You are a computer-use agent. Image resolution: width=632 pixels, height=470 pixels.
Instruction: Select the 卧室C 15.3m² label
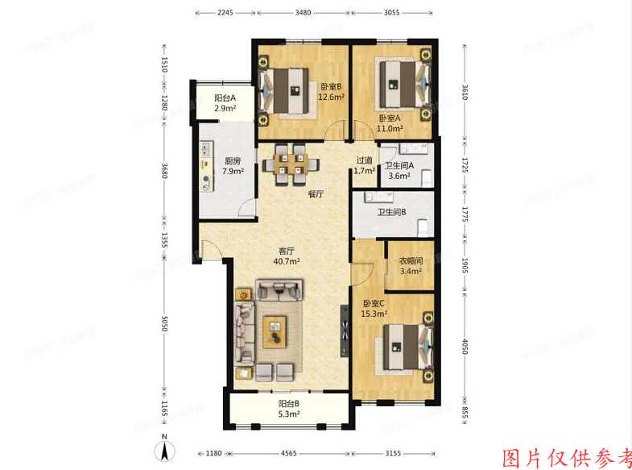click(374, 308)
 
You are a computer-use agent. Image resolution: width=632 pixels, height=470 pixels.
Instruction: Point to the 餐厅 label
click(316, 194)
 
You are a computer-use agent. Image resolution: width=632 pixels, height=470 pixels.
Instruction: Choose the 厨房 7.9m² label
click(233, 165)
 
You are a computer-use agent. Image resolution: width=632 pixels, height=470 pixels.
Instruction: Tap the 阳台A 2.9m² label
click(225, 102)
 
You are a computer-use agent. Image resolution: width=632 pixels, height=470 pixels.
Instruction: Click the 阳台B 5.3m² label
click(289, 410)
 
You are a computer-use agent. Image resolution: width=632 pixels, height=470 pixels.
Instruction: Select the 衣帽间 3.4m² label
click(411, 265)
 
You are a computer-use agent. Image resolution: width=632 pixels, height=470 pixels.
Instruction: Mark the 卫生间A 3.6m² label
click(399, 171)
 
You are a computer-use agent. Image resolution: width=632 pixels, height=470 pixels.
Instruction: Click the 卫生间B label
click(391, 213)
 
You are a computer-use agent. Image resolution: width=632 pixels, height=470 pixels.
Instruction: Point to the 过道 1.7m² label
click(365, 165)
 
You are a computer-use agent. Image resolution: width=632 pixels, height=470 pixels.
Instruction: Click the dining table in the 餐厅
click(288, 163)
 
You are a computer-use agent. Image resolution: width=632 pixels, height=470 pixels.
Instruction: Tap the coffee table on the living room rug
click(276, 331)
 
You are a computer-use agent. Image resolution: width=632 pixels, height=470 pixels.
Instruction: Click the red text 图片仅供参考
click(567, 457)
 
